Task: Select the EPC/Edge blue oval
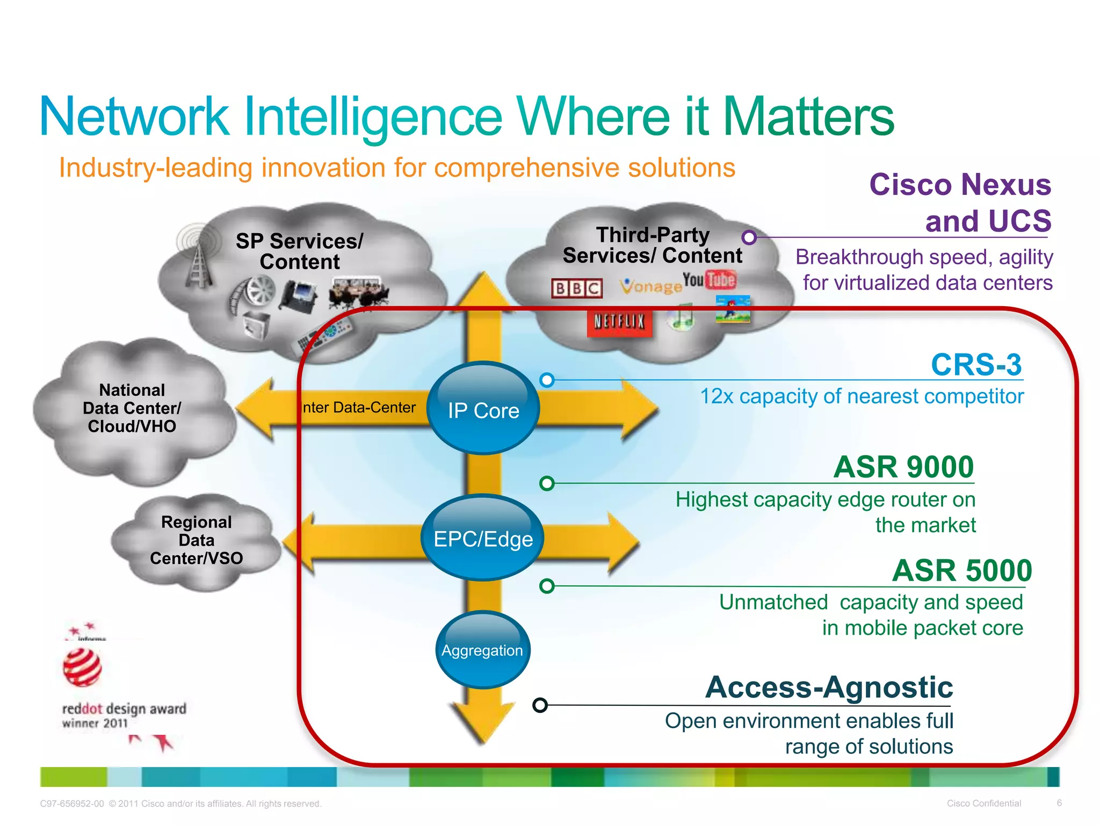(483, 538)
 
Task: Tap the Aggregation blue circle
(482, 650)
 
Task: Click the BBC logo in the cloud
(577, 288)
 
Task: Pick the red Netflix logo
(619, 322)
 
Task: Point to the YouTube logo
(709, 280)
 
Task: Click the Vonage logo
(650, 286)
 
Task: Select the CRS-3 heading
(976, 365)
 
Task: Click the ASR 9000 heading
(903, 467)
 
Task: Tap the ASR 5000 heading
(961, 570)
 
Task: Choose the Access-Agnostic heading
(829, 687)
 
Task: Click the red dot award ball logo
(82, 667)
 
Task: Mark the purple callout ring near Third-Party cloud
(749, 237)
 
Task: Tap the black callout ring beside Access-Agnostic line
(540, 705)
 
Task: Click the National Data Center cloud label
(132, 408)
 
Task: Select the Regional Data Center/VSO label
(196, 540)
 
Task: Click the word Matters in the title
(808, 117)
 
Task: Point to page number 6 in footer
(1059, 803)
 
